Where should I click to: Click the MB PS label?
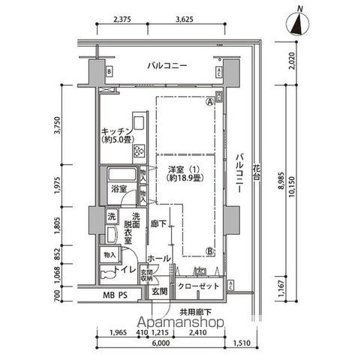point(117,294)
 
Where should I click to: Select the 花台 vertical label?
point(257,169)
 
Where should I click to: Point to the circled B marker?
point(210,251)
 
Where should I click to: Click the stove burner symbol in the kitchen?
point(140,151)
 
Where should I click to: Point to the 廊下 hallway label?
point(158,223)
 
